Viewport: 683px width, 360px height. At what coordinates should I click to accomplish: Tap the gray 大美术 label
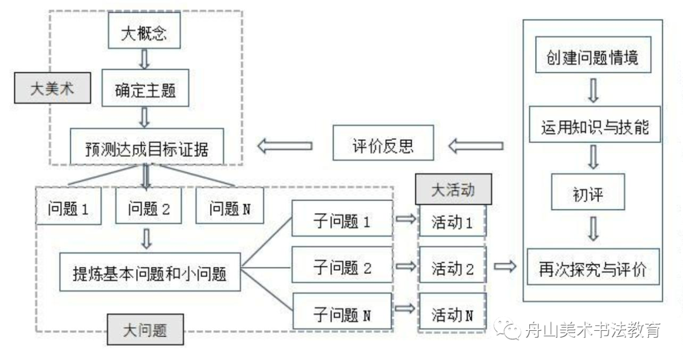pos(52,89)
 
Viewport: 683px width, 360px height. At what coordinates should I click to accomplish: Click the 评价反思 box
pos(383,146)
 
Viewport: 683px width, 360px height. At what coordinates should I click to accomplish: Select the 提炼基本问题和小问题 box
pos(150,273)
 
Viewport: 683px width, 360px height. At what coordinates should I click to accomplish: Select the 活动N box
pos(452,313)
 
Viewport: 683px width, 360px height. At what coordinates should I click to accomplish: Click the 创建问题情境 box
pos(593,58)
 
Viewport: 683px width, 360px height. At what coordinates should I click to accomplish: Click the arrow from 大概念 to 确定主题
pos(144,59)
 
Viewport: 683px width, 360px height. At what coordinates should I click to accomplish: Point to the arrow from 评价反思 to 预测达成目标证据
pos(285,146)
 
